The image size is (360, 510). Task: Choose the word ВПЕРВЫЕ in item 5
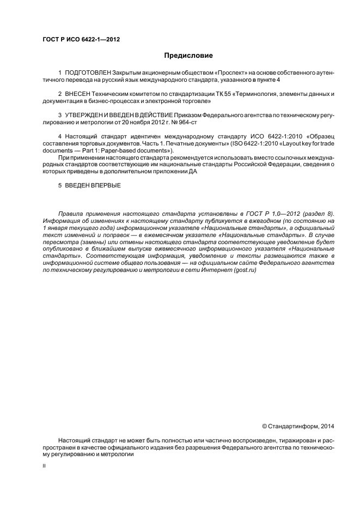click(103, 186)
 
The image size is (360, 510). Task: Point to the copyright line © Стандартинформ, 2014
click(298, 426)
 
